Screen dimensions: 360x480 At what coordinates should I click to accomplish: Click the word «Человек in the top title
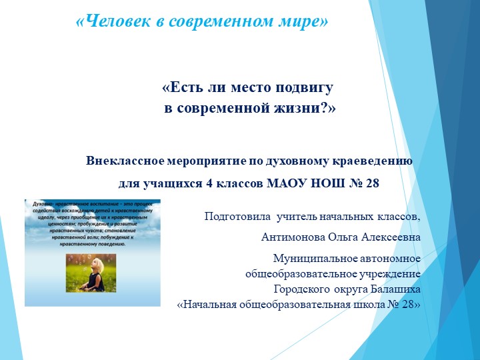(110, 21)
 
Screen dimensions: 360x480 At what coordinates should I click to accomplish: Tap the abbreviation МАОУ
(285, 183)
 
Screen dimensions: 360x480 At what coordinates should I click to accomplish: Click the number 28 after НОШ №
(371, 183)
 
